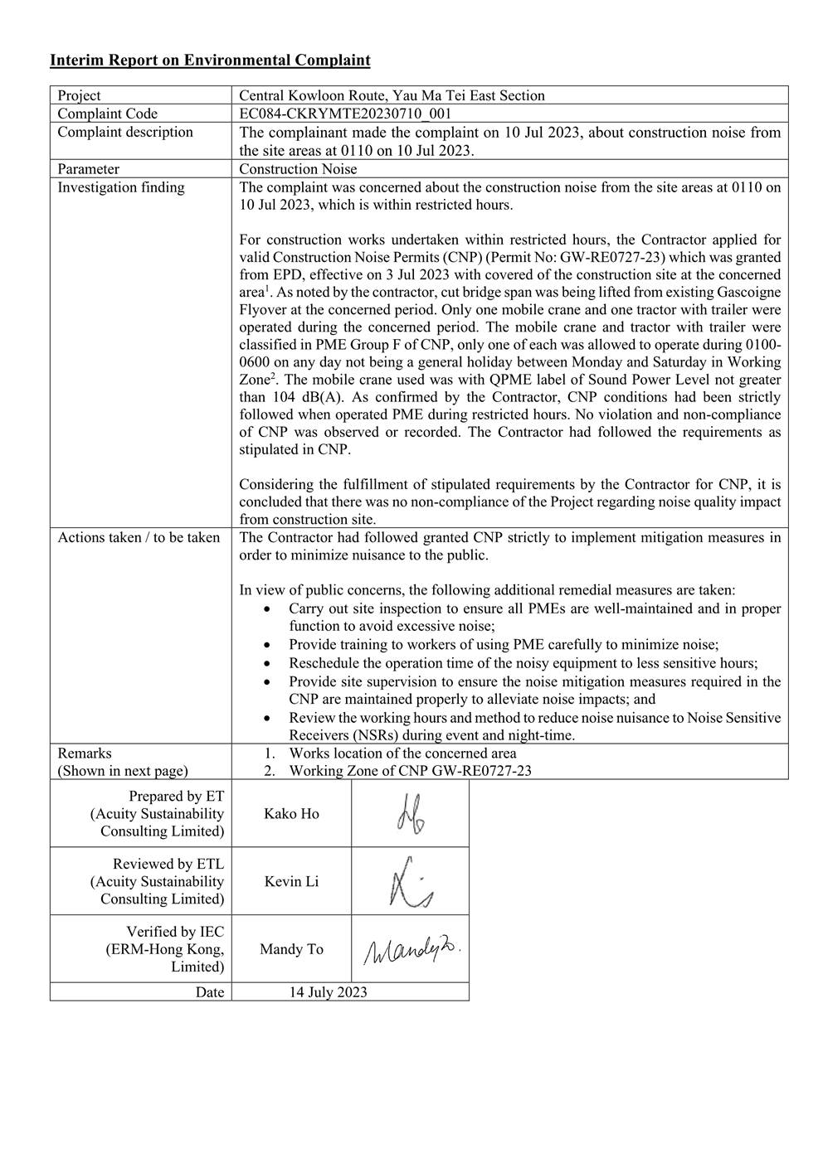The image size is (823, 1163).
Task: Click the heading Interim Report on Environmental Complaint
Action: click(210, 61)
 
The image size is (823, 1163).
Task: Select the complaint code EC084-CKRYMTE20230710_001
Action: click(345, 114)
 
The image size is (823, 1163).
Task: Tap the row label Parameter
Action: click(88, 169)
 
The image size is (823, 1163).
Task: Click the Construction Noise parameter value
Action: click(298, 169)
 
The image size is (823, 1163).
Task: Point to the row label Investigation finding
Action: click(121, 187)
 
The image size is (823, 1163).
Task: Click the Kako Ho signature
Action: click(411, 813)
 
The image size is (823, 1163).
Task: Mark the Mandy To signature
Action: click(411, 950)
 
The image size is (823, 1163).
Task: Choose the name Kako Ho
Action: click(291, 814)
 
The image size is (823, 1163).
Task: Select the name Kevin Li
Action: click(291, 882)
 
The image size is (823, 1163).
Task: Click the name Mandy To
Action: click(291, 950)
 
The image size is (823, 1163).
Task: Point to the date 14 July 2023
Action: click(328, 992)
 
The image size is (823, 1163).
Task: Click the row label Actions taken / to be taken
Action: click(139, 538)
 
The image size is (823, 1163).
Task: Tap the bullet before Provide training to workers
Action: click(265, 645)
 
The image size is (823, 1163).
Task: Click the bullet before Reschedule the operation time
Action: click(265, 663)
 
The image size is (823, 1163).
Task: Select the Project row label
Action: click(79, 95)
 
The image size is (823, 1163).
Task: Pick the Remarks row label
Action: click(85, 754)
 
